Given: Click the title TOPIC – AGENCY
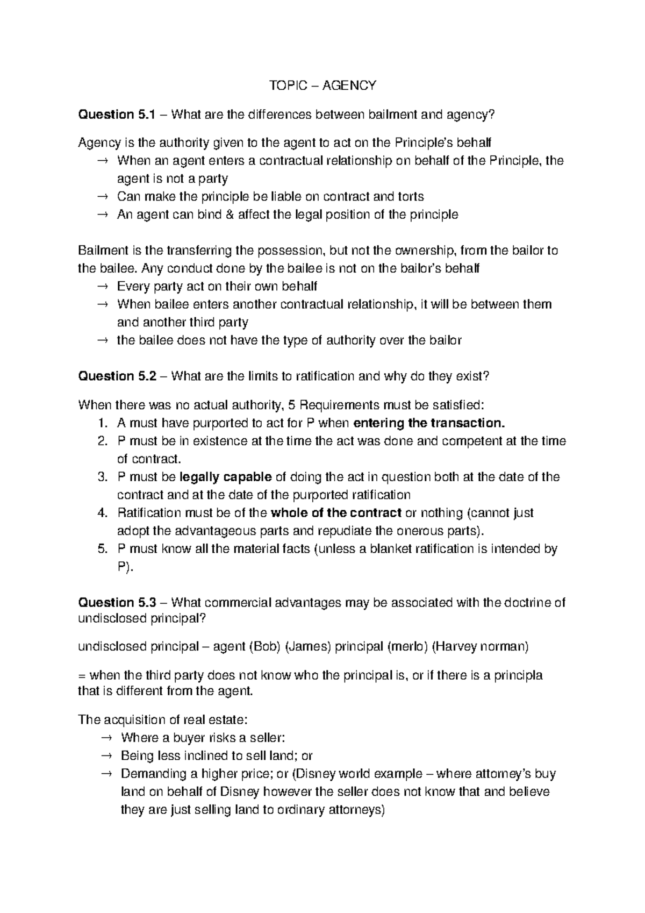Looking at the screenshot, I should click(322, 85).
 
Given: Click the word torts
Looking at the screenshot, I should click(410, 197).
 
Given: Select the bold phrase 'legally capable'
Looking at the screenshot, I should click(225, 477).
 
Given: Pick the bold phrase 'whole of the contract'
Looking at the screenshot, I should click(336, 513).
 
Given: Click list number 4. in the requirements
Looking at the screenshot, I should click(103, 513).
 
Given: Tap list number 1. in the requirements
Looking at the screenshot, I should click(103, 423).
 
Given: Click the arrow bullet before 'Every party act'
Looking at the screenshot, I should click(103, 287).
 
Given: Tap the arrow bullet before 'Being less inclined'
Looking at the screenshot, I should click(106, 756).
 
